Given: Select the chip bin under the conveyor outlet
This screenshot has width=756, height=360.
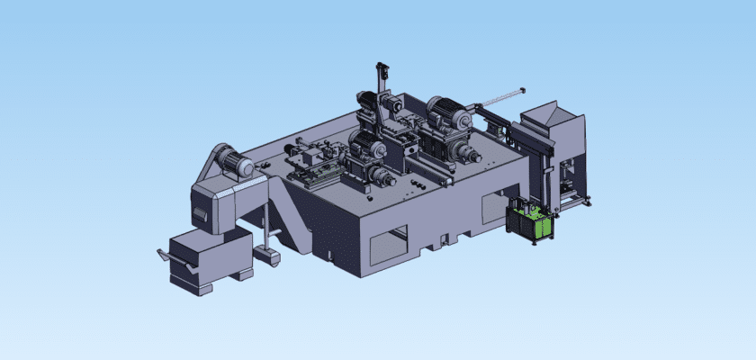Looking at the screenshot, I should [209, 261].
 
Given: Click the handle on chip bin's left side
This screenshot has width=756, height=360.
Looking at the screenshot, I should [163, 255].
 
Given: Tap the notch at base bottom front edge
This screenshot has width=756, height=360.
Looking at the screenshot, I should [440, 242].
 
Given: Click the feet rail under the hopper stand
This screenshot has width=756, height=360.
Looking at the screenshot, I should [576, 202].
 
